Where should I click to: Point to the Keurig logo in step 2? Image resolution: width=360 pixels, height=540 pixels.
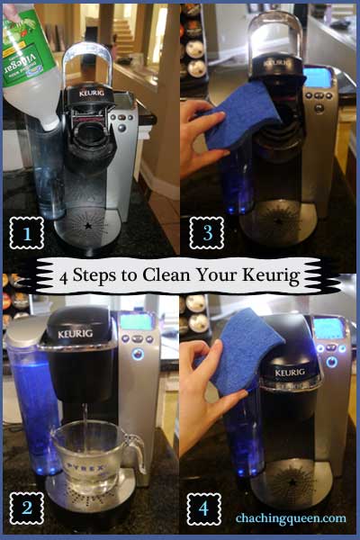[76, 333]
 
